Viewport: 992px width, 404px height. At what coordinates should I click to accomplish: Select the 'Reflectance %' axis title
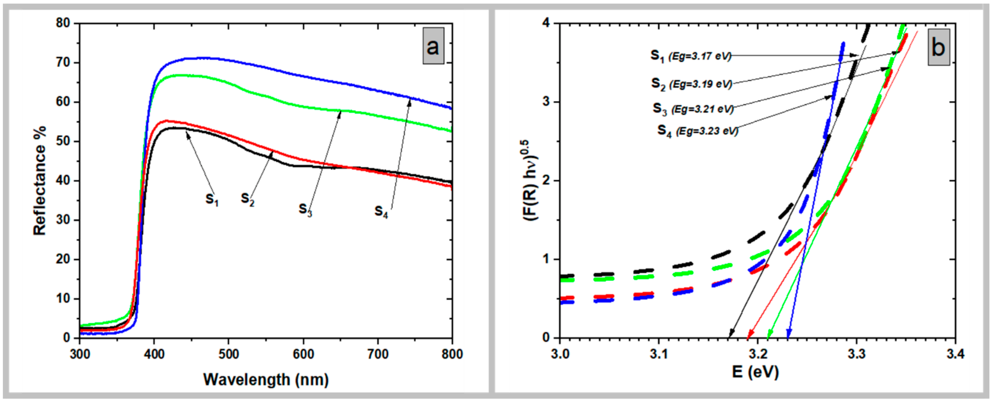39,180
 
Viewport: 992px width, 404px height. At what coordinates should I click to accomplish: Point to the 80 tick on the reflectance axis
63,23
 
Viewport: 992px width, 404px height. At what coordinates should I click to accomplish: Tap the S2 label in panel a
247,199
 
